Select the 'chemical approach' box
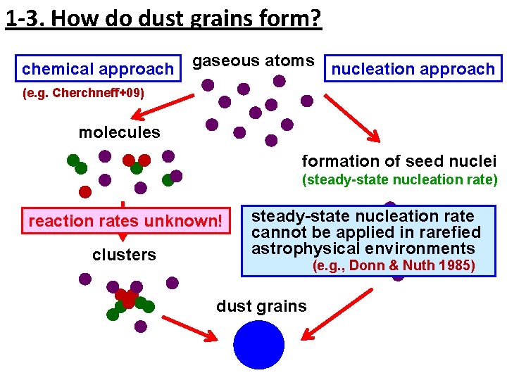tap(97, 69)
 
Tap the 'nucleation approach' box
tap(413, 69)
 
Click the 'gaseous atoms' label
tap(254, 61)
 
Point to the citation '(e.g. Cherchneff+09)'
tap(83, 93)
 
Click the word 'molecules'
tap(119, 132)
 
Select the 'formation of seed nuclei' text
tap(399, 160)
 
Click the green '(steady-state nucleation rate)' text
tap(399, 179)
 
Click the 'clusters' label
tap(124, 255)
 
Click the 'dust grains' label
tap(261, 306)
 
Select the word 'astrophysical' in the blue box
tap(295, 248)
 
